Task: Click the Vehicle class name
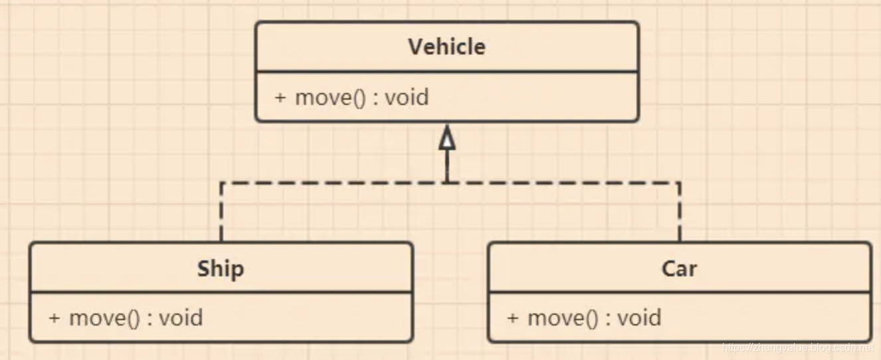point(446,47)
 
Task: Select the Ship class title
point(221,269)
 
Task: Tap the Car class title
point(679,269)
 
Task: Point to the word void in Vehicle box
point(407,98)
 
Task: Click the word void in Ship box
point(181,317)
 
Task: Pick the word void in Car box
point(639,317)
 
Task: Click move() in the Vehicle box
point(330,98)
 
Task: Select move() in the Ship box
point(104,317)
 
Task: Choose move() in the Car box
point(563,317)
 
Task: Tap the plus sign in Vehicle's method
point(280,98)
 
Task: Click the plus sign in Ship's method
point(54,317)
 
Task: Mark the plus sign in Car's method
point(512,317)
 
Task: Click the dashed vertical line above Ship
point(221,213)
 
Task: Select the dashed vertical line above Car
point(679,213)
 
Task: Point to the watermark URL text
point(797,347)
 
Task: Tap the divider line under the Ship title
point(221,292)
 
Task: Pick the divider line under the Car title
point(679,292)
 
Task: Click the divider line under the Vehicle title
point(446,72)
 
